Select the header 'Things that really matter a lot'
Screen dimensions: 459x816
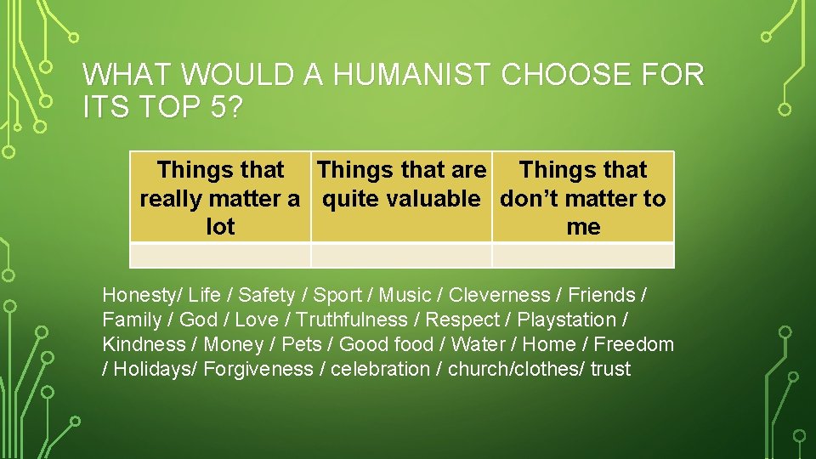(220, 198)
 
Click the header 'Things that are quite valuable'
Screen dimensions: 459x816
(401, 184)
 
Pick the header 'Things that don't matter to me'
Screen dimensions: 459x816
(583, 198)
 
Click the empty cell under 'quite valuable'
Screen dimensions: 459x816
(401, 255)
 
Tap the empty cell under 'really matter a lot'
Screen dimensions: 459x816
(220, 255)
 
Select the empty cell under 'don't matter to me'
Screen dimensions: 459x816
(583, 255)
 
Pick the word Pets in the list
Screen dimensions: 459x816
(301, 344)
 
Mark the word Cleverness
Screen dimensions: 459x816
(499, 295)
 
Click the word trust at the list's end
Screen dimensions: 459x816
(611, 369)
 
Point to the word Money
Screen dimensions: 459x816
(234, 344)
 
